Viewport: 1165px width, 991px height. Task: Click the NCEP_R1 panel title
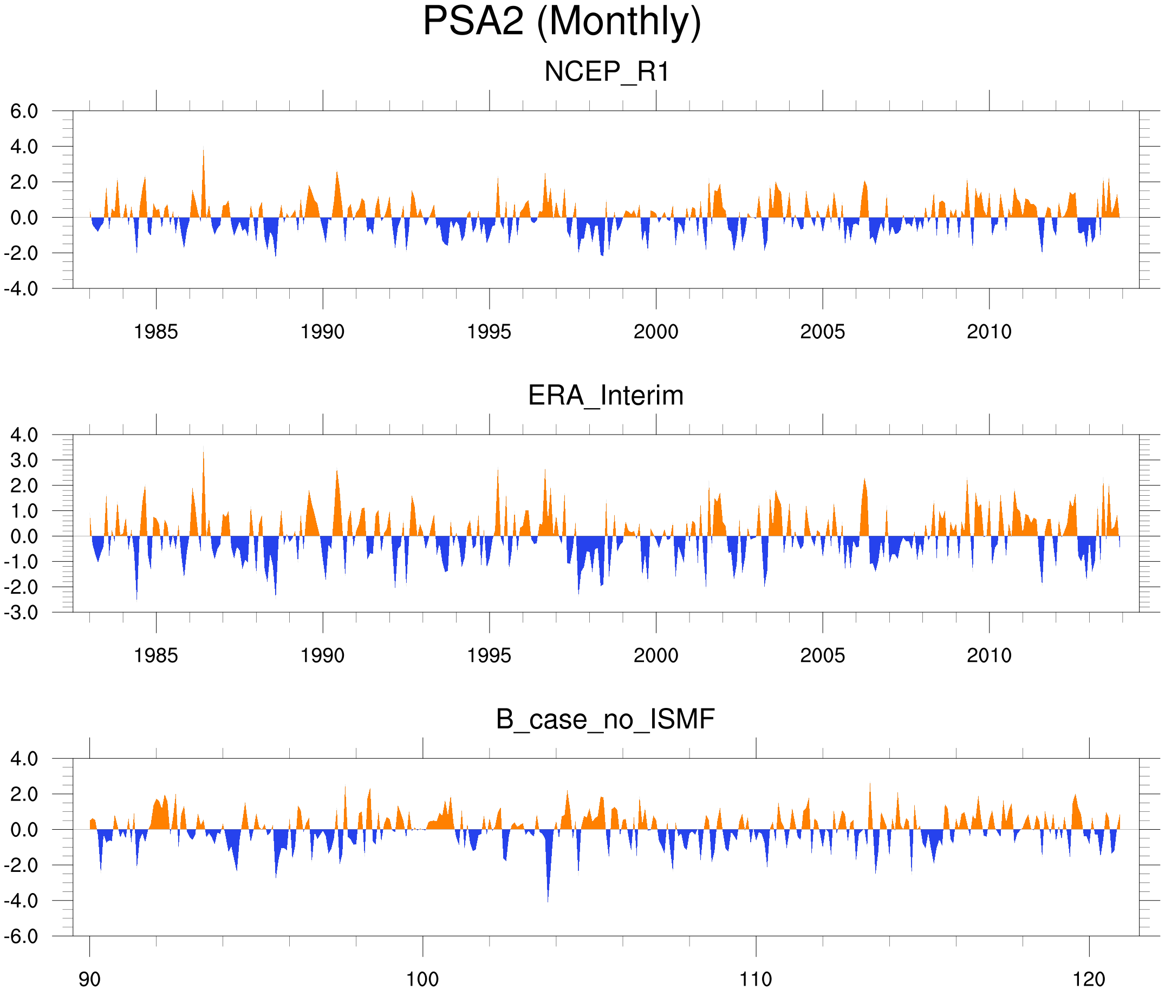(607, 72)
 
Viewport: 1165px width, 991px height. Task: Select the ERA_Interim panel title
(606, 396)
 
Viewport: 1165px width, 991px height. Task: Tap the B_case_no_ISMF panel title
(605, 719)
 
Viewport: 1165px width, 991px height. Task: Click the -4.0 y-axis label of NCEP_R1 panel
(21, 289)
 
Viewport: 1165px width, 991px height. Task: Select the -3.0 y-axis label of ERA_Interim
(21, 612)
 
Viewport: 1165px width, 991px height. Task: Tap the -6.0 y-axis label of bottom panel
(21, 936)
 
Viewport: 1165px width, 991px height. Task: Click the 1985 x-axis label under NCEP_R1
(156, 332)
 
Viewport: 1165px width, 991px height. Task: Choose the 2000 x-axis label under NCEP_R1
(655, 332)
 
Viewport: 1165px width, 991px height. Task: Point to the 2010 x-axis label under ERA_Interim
(989, 655)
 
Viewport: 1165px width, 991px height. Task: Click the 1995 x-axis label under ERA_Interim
(489, 655)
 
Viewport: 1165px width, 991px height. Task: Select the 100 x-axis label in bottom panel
(422, 980)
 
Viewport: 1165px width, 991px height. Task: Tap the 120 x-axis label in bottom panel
(1089, 980)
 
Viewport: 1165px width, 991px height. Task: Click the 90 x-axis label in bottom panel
(89, 980)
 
